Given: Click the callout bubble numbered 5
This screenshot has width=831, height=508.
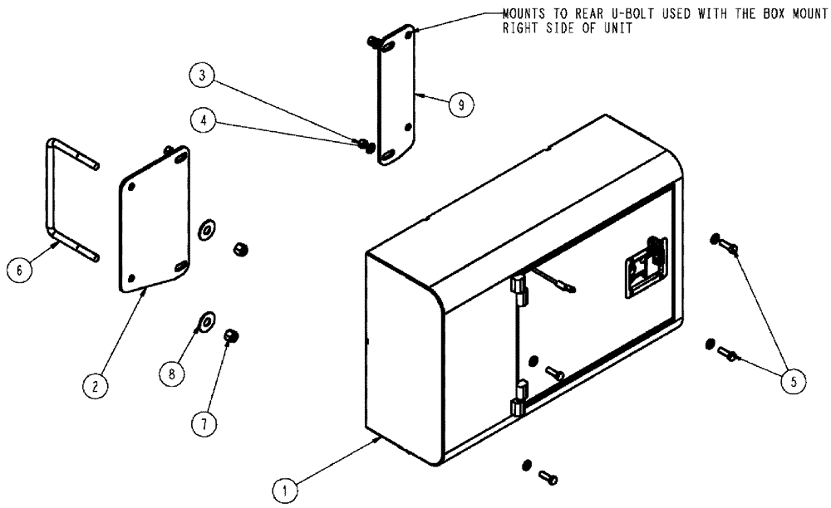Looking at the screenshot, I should (793, 381).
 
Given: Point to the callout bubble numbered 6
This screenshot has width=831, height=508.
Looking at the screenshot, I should (17, 269).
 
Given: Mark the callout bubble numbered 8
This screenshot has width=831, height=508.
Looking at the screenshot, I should (172, 374).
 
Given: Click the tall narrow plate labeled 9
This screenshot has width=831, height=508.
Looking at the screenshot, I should (396, 95).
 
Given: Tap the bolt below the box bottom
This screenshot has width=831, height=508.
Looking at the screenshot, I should (547, 477).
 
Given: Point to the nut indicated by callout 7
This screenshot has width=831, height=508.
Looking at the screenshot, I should (232, 336).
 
